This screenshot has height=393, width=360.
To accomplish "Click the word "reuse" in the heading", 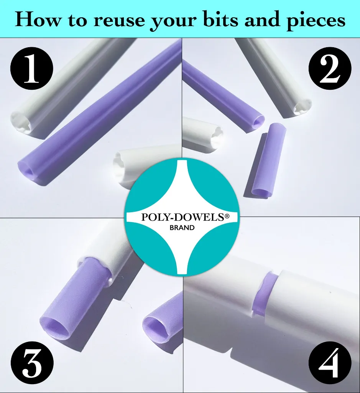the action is (119, 20).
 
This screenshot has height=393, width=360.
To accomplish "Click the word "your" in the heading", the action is (174, 21).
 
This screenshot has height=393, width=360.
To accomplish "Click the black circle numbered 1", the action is (32, 68).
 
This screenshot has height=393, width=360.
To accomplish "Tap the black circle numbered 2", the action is (330, 68).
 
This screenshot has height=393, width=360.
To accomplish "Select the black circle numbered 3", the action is (32, 363).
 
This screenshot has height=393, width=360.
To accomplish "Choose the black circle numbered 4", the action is (330, 363).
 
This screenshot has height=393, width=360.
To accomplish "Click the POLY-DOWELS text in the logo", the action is (183, 217).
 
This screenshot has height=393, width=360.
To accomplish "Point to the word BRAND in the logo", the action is (182, 228).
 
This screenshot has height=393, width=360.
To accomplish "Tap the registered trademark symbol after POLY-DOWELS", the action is (227, 216).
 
